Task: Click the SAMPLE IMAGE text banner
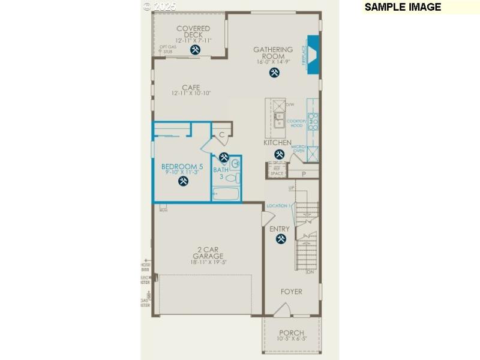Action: (403, 7)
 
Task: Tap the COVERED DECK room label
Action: (193, 32)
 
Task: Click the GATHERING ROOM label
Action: (273, 53)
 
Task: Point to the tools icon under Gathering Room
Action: (274, 73)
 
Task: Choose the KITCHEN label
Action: (277, 143)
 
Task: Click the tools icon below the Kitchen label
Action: (279, 155)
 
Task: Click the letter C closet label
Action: (221, 135)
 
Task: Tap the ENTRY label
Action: (280, 229)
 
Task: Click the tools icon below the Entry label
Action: (281, 239)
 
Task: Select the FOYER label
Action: (292, 292)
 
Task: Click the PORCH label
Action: (292, 333)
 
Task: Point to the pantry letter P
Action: (304, 174)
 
